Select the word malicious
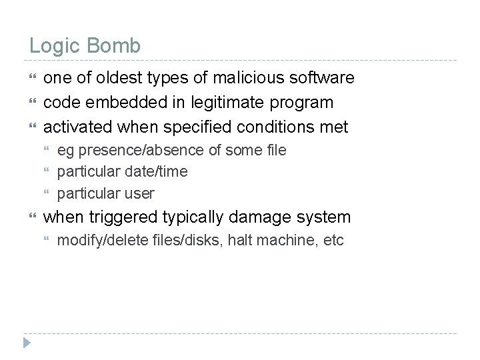(254, 79)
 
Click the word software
(325, 79)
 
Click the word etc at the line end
(333, 241)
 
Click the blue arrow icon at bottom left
(27, 343)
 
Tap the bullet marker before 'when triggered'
(33, 217)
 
